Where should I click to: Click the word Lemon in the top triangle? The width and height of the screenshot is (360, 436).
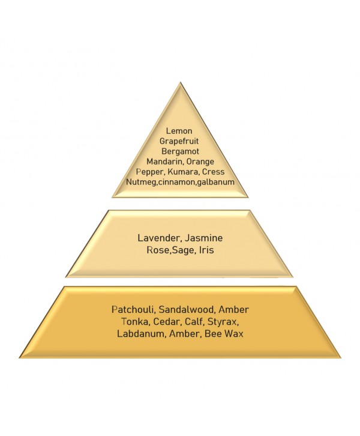tap(179, 131)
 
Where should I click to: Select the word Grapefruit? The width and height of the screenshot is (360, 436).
tap(179, 141)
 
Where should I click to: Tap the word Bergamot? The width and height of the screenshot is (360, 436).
tap(180, 151)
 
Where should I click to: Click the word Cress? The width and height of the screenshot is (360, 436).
tap(213, 172)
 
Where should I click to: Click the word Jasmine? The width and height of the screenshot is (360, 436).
tap(204, 238)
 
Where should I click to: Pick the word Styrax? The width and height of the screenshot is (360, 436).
tap(223, 322)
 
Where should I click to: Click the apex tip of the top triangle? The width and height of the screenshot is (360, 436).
tap(180, 82)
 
